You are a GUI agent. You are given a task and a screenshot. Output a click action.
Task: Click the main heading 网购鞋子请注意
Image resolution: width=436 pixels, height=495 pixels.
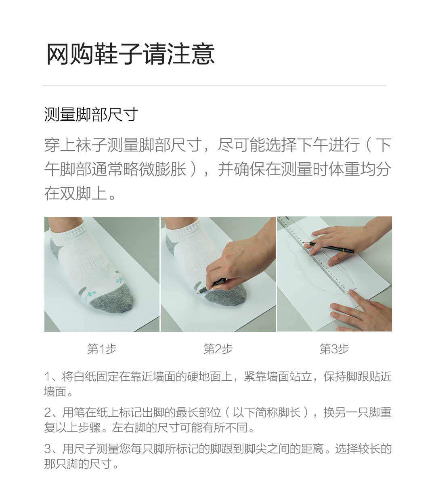[x=130, y=54]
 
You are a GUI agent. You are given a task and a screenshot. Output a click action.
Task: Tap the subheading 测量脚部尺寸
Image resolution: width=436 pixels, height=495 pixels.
[x=91, y=115]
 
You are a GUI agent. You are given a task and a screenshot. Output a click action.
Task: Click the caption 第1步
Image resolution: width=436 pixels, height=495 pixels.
[x=102, y=349]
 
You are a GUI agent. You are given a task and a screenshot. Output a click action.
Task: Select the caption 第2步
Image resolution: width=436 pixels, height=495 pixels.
[x=218, y=349]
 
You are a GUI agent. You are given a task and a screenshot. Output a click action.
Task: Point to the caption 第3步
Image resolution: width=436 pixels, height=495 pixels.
[x=334, y=349]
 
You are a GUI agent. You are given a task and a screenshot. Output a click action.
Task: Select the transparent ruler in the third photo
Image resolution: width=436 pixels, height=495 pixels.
[x=319, y=258]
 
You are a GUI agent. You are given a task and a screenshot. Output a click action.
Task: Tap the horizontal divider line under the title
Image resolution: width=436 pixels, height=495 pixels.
[x=214, y=85]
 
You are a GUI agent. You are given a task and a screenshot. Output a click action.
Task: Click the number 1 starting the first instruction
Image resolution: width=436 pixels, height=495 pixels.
[x=47, y=377]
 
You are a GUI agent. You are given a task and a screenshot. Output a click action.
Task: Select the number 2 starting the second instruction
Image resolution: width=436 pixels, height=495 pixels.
[x=48, y=413]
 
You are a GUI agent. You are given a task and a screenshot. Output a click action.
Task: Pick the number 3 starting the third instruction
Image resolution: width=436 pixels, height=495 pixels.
[x=48, y=449]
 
